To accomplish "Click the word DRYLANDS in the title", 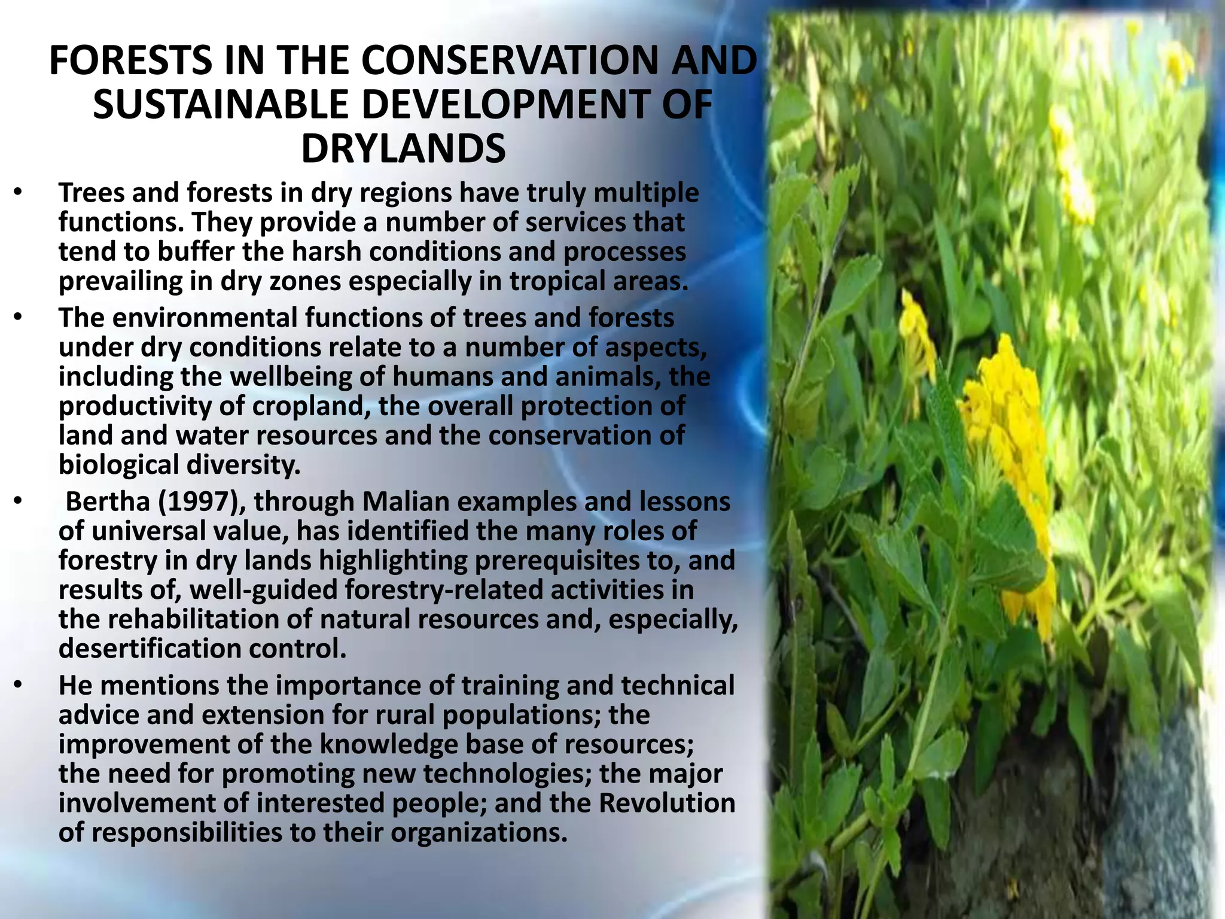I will (x=403, y=149).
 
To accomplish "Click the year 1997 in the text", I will (x=197, y=501).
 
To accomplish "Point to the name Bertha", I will (x=108, y=501).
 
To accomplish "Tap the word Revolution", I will (x=667, y=803).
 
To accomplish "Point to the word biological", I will (x=118, y=465).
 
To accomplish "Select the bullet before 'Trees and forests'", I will (x=18, y=193).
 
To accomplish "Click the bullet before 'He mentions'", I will (x=18, y=685).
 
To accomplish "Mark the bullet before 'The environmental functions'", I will (x=18, y=318).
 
